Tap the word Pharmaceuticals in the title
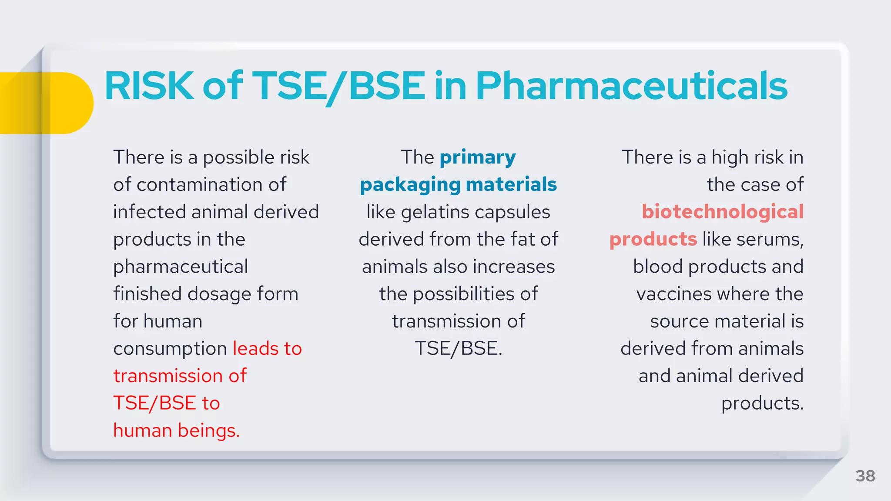[x=631, y=86]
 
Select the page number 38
[x=865, y=476]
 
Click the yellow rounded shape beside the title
[x=48, y=103]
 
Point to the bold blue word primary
[x=478, y=157]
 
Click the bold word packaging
[x=410, y=185]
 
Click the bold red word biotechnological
[x=723, y=212]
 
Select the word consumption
[x=170, y=349]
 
